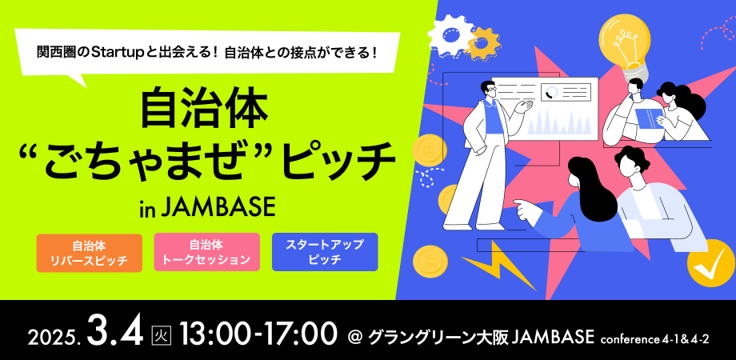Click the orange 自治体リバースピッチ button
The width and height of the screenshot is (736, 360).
click(x=89, y=253)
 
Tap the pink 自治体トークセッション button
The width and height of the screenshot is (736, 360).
click(x=206, y=252)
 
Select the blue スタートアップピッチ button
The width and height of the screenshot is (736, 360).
click(x=325, y=253)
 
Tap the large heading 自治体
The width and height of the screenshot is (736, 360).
click(x=203, y=109)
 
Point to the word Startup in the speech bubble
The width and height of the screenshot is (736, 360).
click(x=118, y=53)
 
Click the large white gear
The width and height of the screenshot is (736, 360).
click(x=449, y=34)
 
